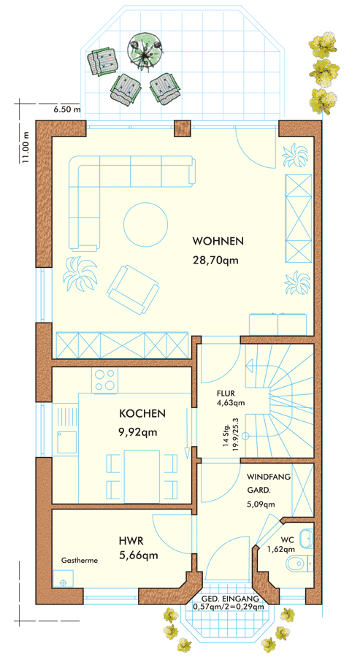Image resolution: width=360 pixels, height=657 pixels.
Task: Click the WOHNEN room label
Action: click(x=218, y=242)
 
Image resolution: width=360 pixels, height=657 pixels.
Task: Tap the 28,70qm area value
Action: click(x=215, y=260)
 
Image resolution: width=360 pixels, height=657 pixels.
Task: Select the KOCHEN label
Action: click(x=142, y=414)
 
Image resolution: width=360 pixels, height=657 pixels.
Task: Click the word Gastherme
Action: click(x=80, y=560)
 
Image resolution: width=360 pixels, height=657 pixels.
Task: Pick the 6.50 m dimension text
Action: click(x=66, y=110)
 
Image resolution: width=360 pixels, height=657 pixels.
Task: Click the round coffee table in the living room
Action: click(x=145, y=223)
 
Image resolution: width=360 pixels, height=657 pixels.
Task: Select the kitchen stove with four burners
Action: click(x=105, y=380)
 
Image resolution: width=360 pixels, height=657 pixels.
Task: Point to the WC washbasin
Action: click(x=307, y=537)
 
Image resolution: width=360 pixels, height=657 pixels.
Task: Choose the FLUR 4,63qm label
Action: click(x=231, y=399)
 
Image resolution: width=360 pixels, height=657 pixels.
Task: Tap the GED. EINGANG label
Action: click(x=230, y=599)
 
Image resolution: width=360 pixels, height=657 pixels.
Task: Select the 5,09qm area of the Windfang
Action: click(x=261, y=504)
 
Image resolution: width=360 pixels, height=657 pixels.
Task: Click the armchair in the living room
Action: click(x=134, y=288)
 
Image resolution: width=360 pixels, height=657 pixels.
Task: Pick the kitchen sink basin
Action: click(x=67, y=442)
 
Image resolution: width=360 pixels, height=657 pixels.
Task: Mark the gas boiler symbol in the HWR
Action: click(x=64, y=582)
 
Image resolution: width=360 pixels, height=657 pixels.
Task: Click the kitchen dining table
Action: click(x=142, y=477)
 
